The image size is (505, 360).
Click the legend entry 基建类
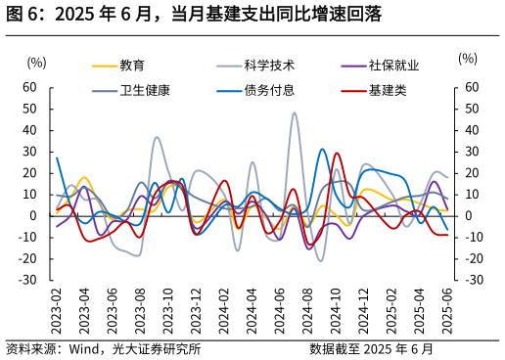(387, 90)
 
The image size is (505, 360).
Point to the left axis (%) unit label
(37, 62)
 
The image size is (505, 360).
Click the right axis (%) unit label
(468, 59)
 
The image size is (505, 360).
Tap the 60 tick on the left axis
(29, 87)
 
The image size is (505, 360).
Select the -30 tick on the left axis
(27, 280)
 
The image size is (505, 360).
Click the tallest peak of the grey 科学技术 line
(295, 112)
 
